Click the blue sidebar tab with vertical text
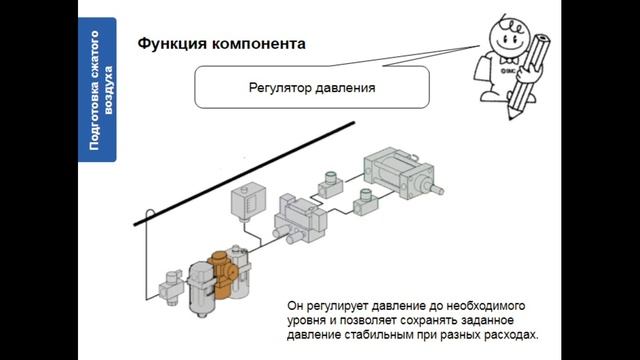[x=98, y=91]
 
